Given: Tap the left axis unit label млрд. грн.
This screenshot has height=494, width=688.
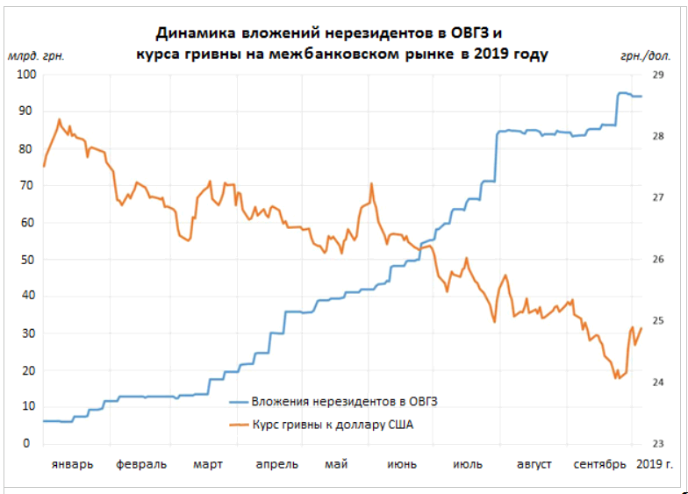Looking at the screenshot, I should coord(36,55).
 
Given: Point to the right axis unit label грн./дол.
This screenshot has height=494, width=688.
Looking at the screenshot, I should coord(644,55).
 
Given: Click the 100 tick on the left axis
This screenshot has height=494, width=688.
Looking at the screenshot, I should coord(25,75).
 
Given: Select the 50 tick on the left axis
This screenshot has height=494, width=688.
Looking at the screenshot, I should coord(27,260).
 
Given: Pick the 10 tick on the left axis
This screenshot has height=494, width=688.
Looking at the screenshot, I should coord(27,407).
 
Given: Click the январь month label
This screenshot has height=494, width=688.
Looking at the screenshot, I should coord(71,464).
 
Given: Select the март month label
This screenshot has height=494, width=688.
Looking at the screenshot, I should coord(207,464).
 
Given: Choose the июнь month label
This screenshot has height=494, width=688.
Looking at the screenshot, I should coord(401,464).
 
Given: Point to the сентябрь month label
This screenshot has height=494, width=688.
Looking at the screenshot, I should coord(599,464).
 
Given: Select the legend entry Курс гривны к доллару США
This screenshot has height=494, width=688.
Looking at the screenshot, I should coord(332,426).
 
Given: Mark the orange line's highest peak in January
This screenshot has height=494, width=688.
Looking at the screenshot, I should coord(59,119).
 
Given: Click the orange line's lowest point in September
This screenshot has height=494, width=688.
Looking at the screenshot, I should coord(617,378).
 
